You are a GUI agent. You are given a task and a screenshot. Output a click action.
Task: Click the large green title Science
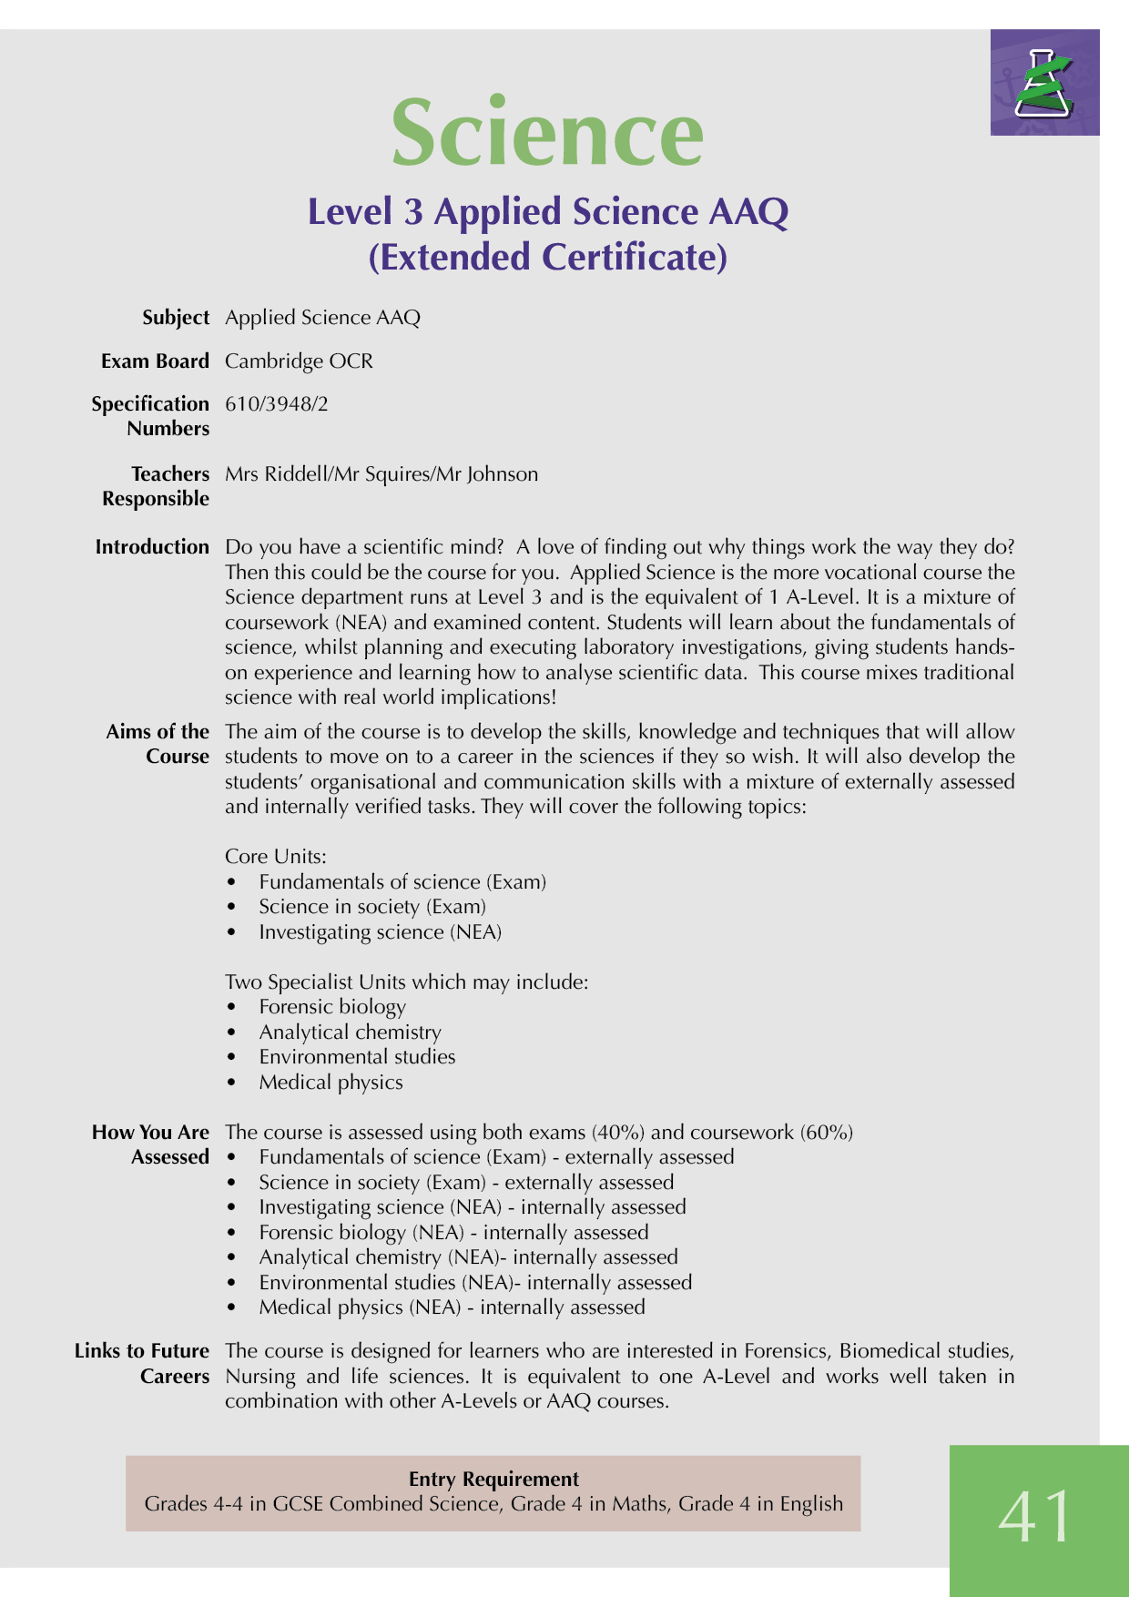click(x=547, y=134)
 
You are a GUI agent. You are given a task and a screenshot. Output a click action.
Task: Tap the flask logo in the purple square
click(x=1045, y=83)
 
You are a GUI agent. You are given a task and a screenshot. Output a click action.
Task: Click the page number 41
click(x=1036, y=1517)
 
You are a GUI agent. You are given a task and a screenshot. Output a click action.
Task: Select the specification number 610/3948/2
click(x=276, y=403)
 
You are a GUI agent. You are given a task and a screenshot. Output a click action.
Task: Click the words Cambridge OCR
click(x=299, y=361)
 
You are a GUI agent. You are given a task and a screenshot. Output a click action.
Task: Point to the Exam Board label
click(x=155, y=361)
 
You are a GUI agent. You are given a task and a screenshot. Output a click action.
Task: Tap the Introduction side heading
click(x=152, y=546)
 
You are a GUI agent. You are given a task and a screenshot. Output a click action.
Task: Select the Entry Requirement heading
click(x=493, y=1479)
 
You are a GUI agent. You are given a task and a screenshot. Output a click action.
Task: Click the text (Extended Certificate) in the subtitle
click(x=547, y=257)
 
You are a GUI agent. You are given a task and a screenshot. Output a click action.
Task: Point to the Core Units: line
click(x=275, y=856)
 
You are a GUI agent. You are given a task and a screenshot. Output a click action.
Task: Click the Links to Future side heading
click(x=141, y=1350)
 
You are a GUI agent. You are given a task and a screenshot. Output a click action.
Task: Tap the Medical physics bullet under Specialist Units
click(x=331, y=1082)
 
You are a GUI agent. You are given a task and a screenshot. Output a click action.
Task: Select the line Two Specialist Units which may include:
click(x=406, y=982)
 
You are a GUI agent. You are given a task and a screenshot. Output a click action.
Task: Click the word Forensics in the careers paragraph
click(x=785, y=1350)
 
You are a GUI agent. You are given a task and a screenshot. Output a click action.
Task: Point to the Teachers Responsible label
click(x=156, y=486)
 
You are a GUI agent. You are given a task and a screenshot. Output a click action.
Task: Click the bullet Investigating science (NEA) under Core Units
click(x=380, y=931)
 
